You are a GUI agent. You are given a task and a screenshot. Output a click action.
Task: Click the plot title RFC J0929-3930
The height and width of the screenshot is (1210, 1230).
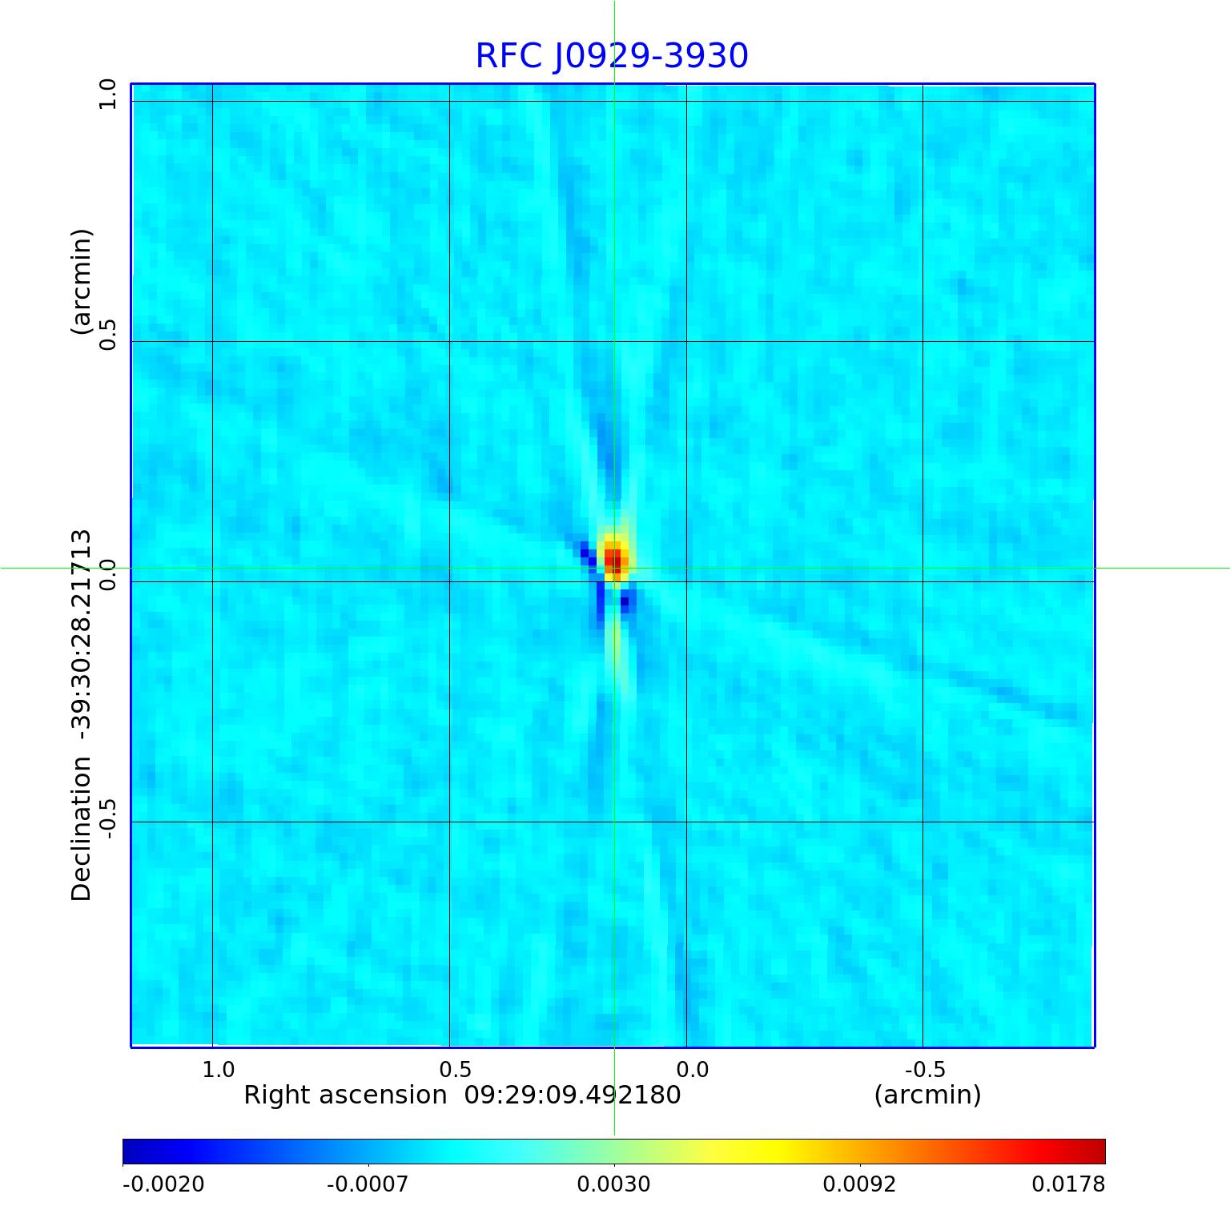[x=612, y=56]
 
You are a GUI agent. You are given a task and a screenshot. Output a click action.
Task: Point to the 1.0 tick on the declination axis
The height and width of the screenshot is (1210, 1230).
[x=107, y=95]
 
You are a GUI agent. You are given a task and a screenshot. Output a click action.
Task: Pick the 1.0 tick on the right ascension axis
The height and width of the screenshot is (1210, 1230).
[x=218, y=1070]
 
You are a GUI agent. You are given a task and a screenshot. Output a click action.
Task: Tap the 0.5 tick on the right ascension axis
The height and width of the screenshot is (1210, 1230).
[x=455, y=1070]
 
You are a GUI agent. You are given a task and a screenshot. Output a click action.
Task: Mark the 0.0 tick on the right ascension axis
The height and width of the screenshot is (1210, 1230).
[x=692, y=1070]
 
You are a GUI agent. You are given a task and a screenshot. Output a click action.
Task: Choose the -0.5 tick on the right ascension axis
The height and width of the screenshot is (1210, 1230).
[x=925, y=1070]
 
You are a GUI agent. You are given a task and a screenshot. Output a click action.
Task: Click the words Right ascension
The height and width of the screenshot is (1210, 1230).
[x=344, y=1095]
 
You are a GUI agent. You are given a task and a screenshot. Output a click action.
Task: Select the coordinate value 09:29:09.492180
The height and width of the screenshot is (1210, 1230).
[x=573, y=1095]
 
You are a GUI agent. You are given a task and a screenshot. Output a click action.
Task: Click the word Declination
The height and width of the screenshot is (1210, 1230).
[x=82, y=830]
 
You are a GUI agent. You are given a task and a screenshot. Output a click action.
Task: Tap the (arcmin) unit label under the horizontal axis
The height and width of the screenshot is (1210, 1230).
[x=927, y=1095]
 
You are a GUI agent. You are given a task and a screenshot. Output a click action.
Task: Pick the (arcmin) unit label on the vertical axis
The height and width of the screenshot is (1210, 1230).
[x=82, y=282]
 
